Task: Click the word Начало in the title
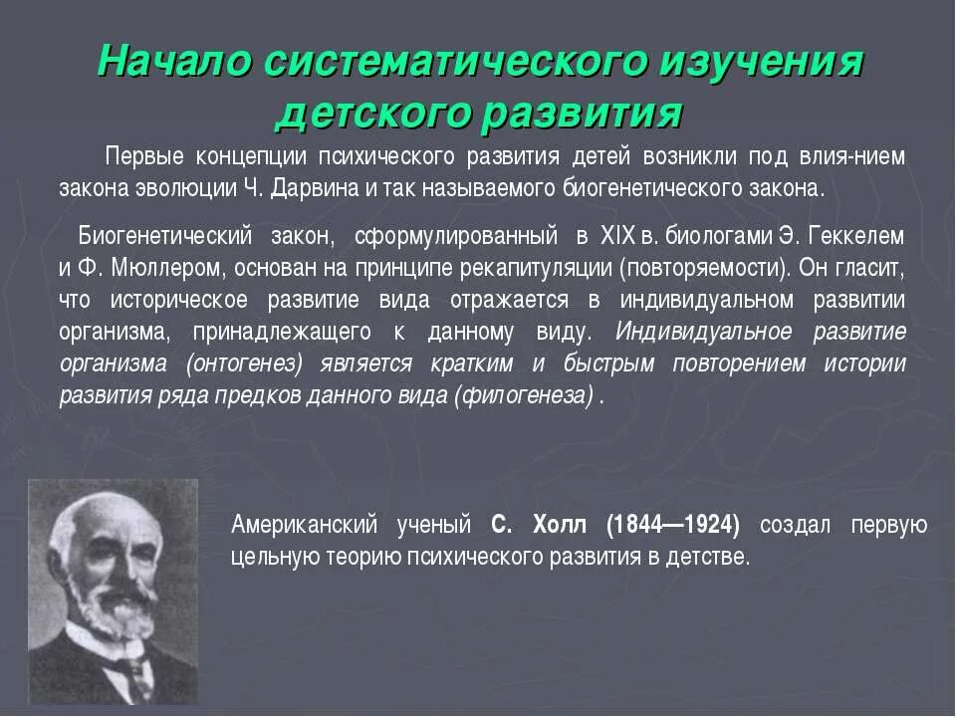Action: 173,62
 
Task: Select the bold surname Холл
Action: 568,524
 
